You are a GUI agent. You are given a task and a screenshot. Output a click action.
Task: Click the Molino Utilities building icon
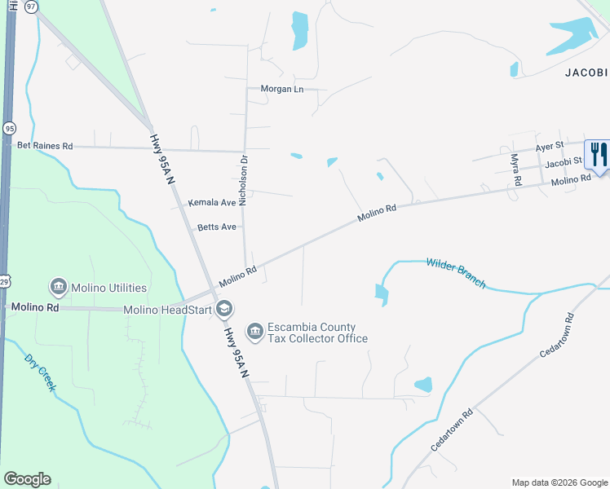(58, 287)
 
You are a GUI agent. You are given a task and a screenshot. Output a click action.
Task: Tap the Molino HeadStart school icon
(224, 309)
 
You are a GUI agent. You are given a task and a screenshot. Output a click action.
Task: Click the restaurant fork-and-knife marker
(598, 155)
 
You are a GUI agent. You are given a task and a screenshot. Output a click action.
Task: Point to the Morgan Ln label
(281, 89)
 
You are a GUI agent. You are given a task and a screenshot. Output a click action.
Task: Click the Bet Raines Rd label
(45, 146)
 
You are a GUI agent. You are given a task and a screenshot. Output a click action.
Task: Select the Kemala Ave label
(211, 202)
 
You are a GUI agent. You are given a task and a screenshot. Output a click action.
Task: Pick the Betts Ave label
(216, 227)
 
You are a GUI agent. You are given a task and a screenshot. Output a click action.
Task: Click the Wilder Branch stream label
(455, 272)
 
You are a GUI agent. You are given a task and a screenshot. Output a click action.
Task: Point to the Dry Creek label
(39, 372)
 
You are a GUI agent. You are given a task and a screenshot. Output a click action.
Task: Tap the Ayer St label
(549, 146)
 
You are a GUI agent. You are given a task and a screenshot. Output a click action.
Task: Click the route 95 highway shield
(9, 128)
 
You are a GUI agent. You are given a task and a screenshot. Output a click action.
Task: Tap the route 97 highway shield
(31, 6)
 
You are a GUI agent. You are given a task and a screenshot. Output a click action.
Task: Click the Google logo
(27, 479)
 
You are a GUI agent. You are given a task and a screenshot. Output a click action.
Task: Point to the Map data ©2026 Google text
(559, 482)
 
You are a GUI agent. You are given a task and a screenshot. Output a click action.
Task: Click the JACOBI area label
(587, 73)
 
